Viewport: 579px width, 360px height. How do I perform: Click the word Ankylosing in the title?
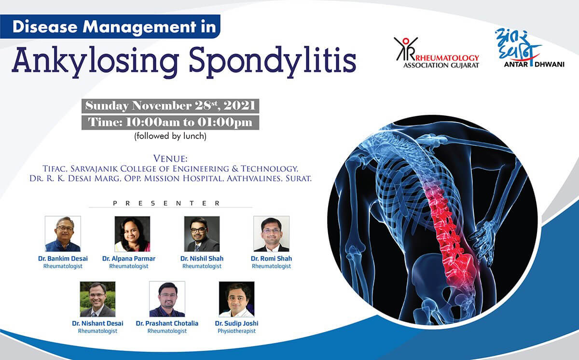pos(96,61)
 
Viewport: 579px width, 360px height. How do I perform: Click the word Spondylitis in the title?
pos(273,61)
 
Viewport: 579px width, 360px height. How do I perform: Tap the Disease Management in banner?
pos(110,27)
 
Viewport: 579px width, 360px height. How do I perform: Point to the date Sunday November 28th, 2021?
pos(170,106)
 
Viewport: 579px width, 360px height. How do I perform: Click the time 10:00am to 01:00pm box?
pos(170,123)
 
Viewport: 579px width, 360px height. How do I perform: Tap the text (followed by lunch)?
pos(170,136)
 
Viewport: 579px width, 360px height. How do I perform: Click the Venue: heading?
pos(170,158)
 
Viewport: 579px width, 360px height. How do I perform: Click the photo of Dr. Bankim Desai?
pos(63,234)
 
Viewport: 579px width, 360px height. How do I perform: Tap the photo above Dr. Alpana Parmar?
pos(132,234)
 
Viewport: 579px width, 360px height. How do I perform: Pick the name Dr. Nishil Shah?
pos(202,259)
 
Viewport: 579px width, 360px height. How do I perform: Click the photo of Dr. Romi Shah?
pos(271,234)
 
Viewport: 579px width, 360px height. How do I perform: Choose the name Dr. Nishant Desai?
pos(97,323)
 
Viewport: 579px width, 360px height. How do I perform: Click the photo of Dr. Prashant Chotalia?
pos(167,299)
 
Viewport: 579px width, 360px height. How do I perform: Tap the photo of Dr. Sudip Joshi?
pos(236,299)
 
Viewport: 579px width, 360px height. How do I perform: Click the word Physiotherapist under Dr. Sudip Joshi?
pos(236,331)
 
